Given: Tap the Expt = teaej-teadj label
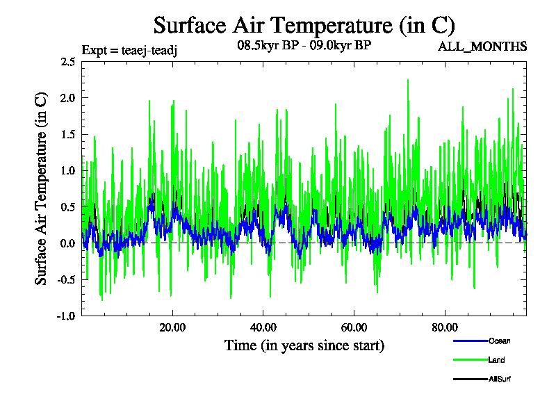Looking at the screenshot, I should pos(130,49).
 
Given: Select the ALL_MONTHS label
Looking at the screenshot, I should pos(482,47).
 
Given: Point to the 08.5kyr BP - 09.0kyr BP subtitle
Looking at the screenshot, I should pos(304,47).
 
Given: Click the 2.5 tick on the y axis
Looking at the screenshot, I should pos(67,62).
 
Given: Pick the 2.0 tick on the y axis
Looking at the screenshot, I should pos(67,98).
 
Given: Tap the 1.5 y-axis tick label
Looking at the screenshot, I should pos(67,134).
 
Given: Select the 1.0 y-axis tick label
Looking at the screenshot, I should pos(67,170).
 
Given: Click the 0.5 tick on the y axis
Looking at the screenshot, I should pos(67,207).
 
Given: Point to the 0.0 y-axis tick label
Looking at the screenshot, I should pos(67,243).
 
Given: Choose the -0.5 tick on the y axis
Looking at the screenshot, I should pos(66,279).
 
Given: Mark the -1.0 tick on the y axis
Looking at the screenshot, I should pos(66,316).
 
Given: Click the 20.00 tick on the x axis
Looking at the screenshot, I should pos(172,327).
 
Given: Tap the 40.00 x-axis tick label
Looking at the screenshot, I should pos(263,327).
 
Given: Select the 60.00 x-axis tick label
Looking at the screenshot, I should pos(354,327).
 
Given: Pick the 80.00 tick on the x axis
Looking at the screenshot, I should pos(445,327).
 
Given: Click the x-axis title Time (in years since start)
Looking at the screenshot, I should pos(304,345).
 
